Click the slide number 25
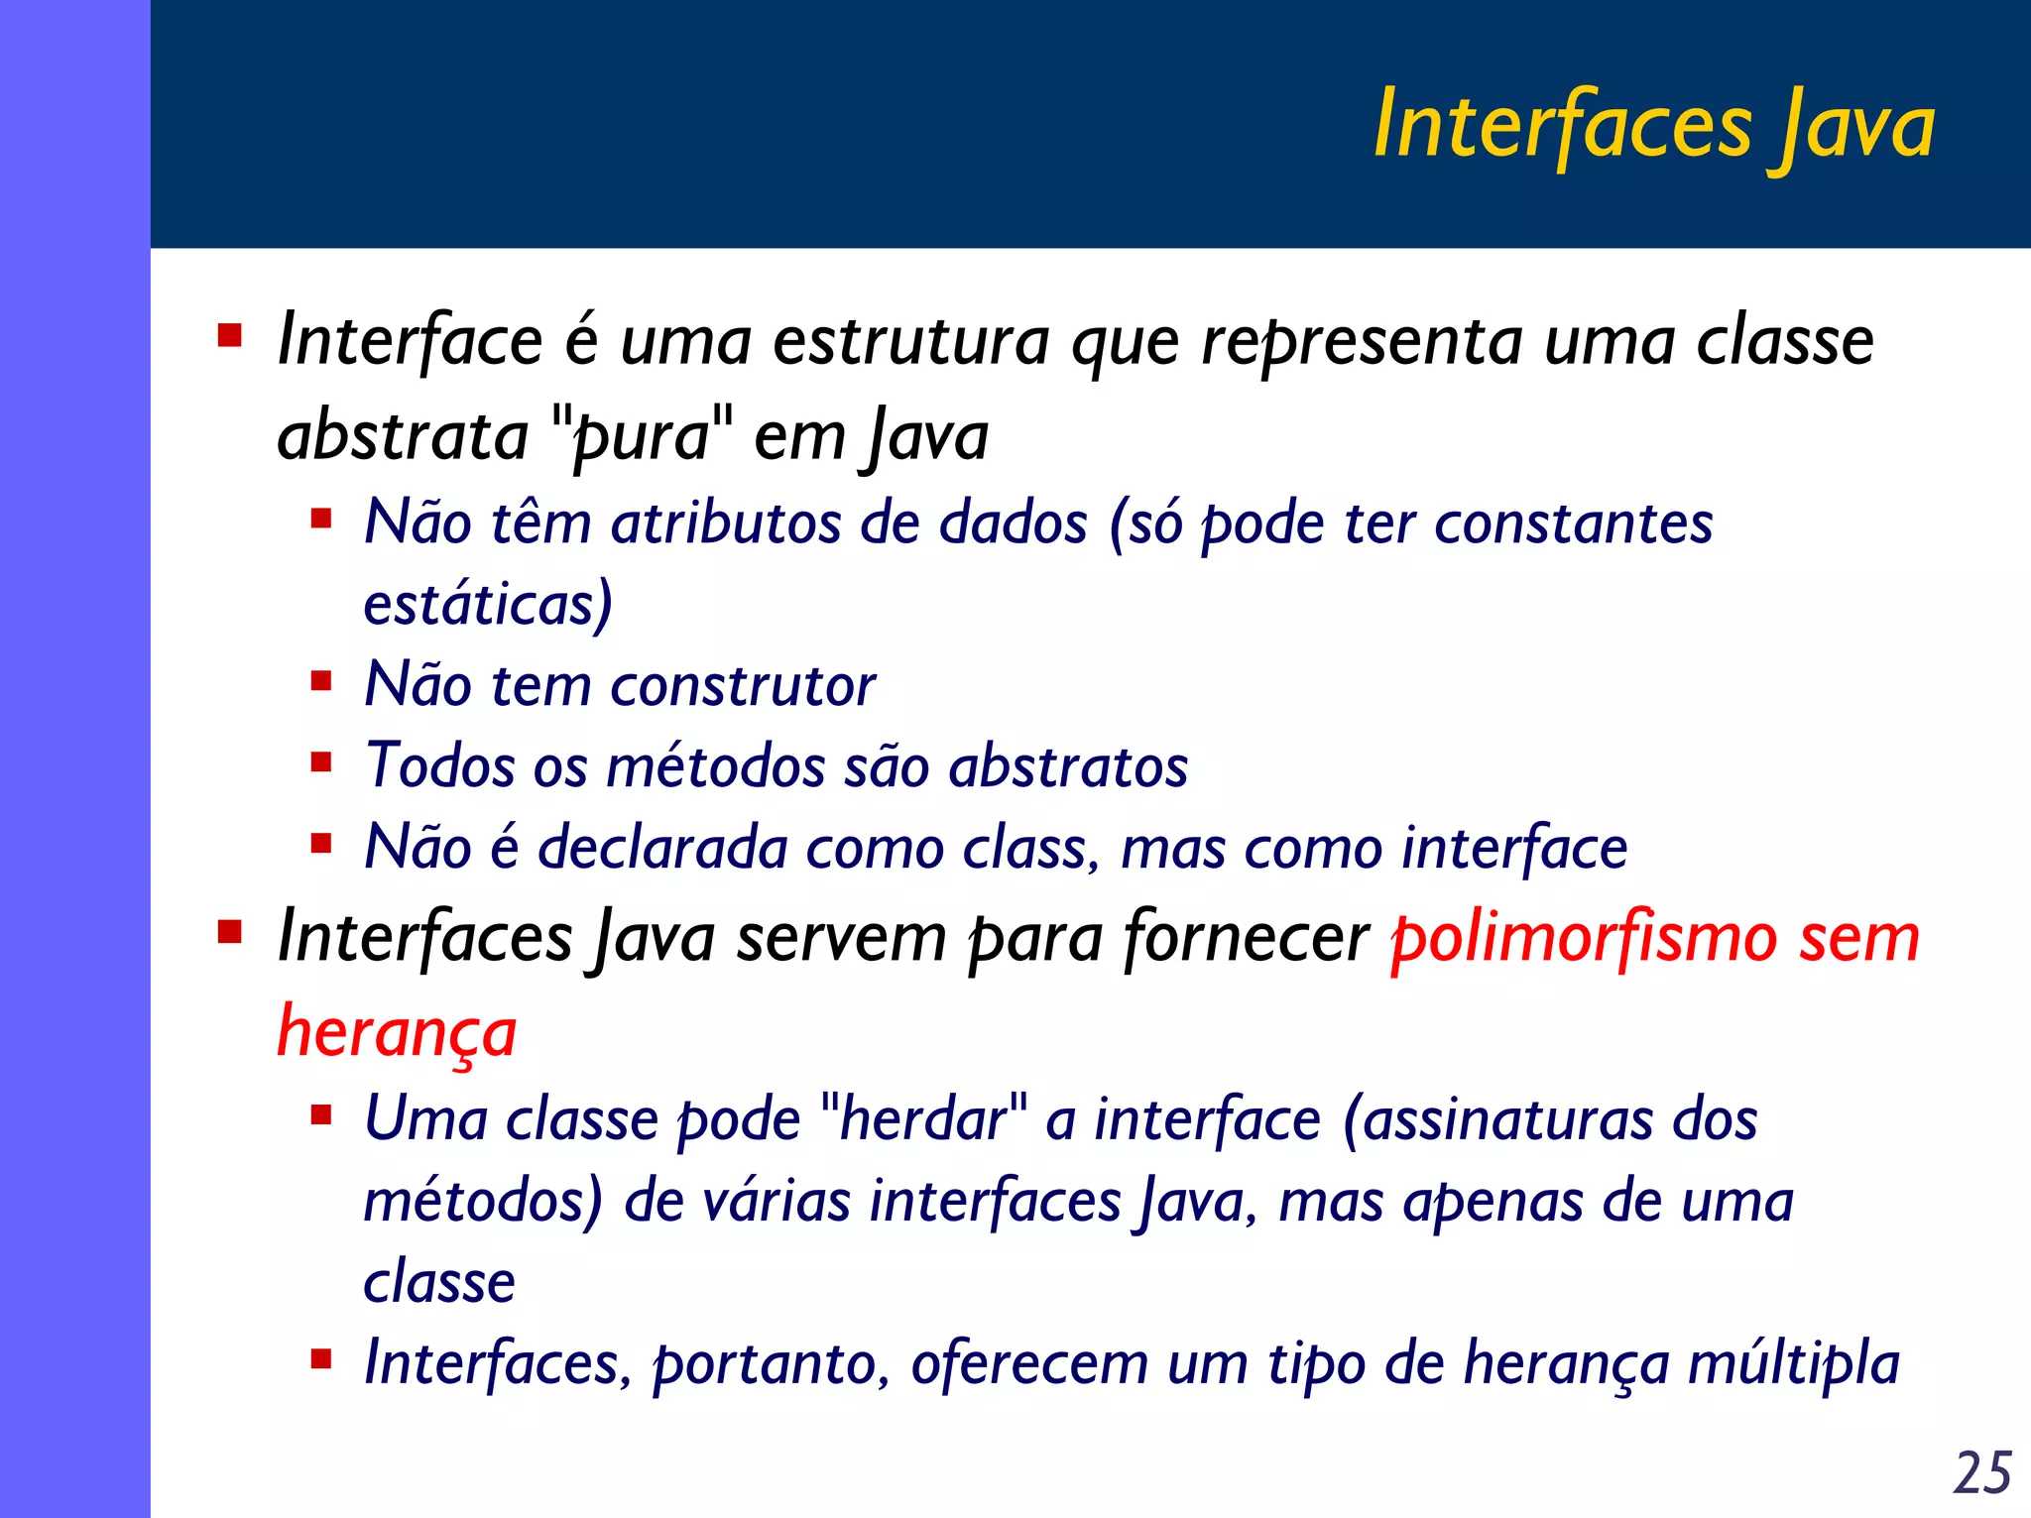pyautogui.click(x=1981, y=1471)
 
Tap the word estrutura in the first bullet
pyautogui.click(x=910, y=341)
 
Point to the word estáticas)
pyautogui.click(x=488, y=604)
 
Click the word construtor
pyautogui.click(x=743, y=685)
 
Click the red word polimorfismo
pyautogui.click(x=1581, y=938)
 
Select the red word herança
pyautogui.click(x=397, y=1032)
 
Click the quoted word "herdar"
pyautogui.click(x=924, y=1118)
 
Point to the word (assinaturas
pyautogui.click(x=1497, y=1119)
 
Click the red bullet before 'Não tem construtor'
pyautogui.click(x=320, y=681)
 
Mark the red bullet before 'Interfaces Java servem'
pyautogui.click(x=230, y=932)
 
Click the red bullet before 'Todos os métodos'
pyautogui.click(x=320, y=762)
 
